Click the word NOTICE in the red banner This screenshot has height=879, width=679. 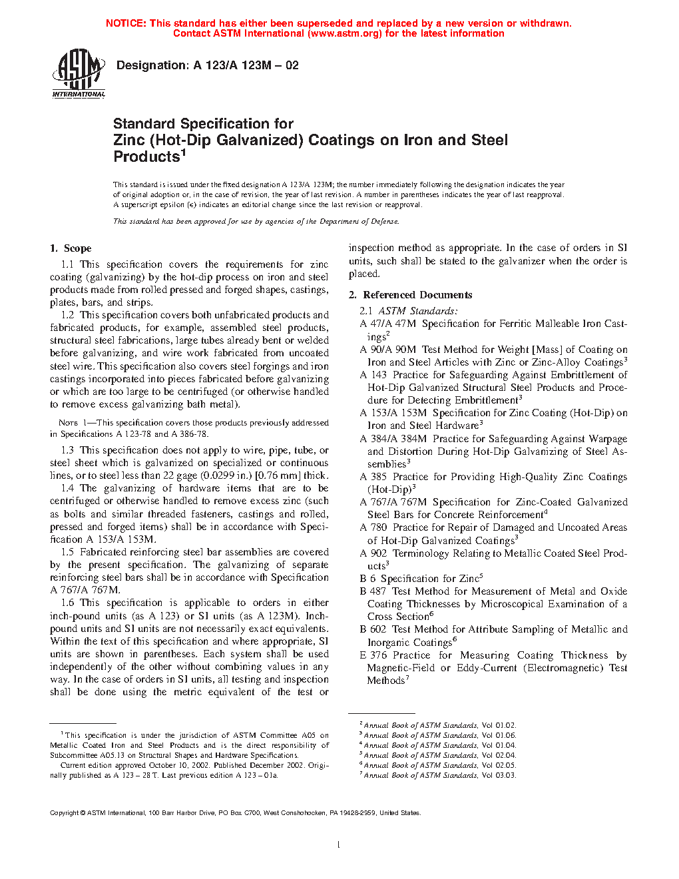(126, 23)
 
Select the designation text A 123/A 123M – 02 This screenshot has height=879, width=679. (246, 65)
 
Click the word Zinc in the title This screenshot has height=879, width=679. (129, 141)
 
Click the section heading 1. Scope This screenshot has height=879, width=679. (71, 248)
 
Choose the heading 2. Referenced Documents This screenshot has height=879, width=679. (411, 295)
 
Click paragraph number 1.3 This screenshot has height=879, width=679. (67, 450)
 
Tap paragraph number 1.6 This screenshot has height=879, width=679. (67, 603)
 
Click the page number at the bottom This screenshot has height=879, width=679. (339, 845)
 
